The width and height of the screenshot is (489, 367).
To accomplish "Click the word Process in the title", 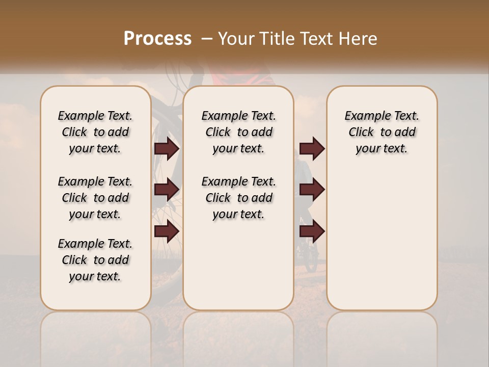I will pyautogui.click(x=157, y=38).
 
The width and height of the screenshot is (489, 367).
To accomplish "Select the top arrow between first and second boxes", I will pyautogui.click(x=167, y=148).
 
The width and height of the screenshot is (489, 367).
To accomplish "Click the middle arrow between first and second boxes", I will pyautogui.click(x=167, y=190).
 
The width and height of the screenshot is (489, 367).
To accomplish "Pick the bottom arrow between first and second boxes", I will pyautogui.click(x=167, y=231).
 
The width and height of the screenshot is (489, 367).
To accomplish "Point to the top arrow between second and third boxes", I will pyautogui.click(x=312, y=148).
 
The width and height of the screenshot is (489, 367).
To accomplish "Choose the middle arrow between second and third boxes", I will pyautogui.click(x=312, y=190).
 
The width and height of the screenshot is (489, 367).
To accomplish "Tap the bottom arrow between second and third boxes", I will pyautogui.click(x=312, y=231).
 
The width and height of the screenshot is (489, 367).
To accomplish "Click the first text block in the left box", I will pyautogui.click(x=95, y=132).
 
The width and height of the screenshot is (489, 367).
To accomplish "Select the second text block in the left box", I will pyautogui.click(x=95, y=198).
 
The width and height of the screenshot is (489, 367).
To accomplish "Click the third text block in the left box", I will pyautogui.click(x=95, y=260).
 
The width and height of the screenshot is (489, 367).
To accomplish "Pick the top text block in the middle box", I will pyautogui.click(x=238, y=132).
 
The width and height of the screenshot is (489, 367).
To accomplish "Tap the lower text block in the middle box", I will pyautogui.click(x=238, y=198).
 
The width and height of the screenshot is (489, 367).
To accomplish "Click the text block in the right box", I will pyautogui.click(x=382, y=132).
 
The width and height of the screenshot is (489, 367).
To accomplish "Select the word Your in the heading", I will pyautogui.click(x=237, y=38).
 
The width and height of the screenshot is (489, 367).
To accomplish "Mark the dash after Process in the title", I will pyautogui.click(x=207, y=38).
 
